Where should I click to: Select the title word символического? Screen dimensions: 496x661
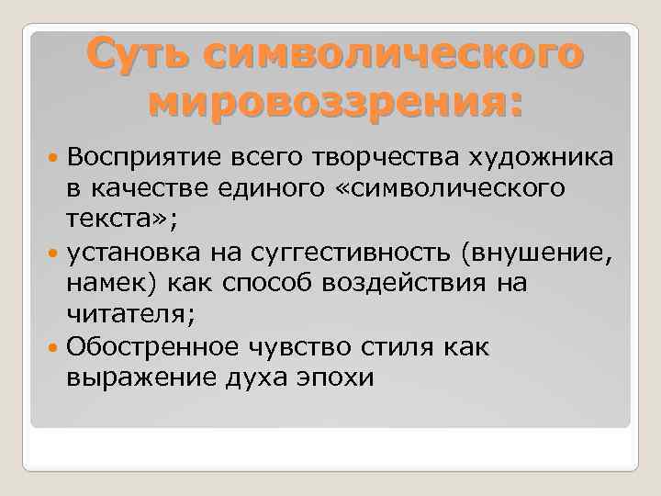393,53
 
